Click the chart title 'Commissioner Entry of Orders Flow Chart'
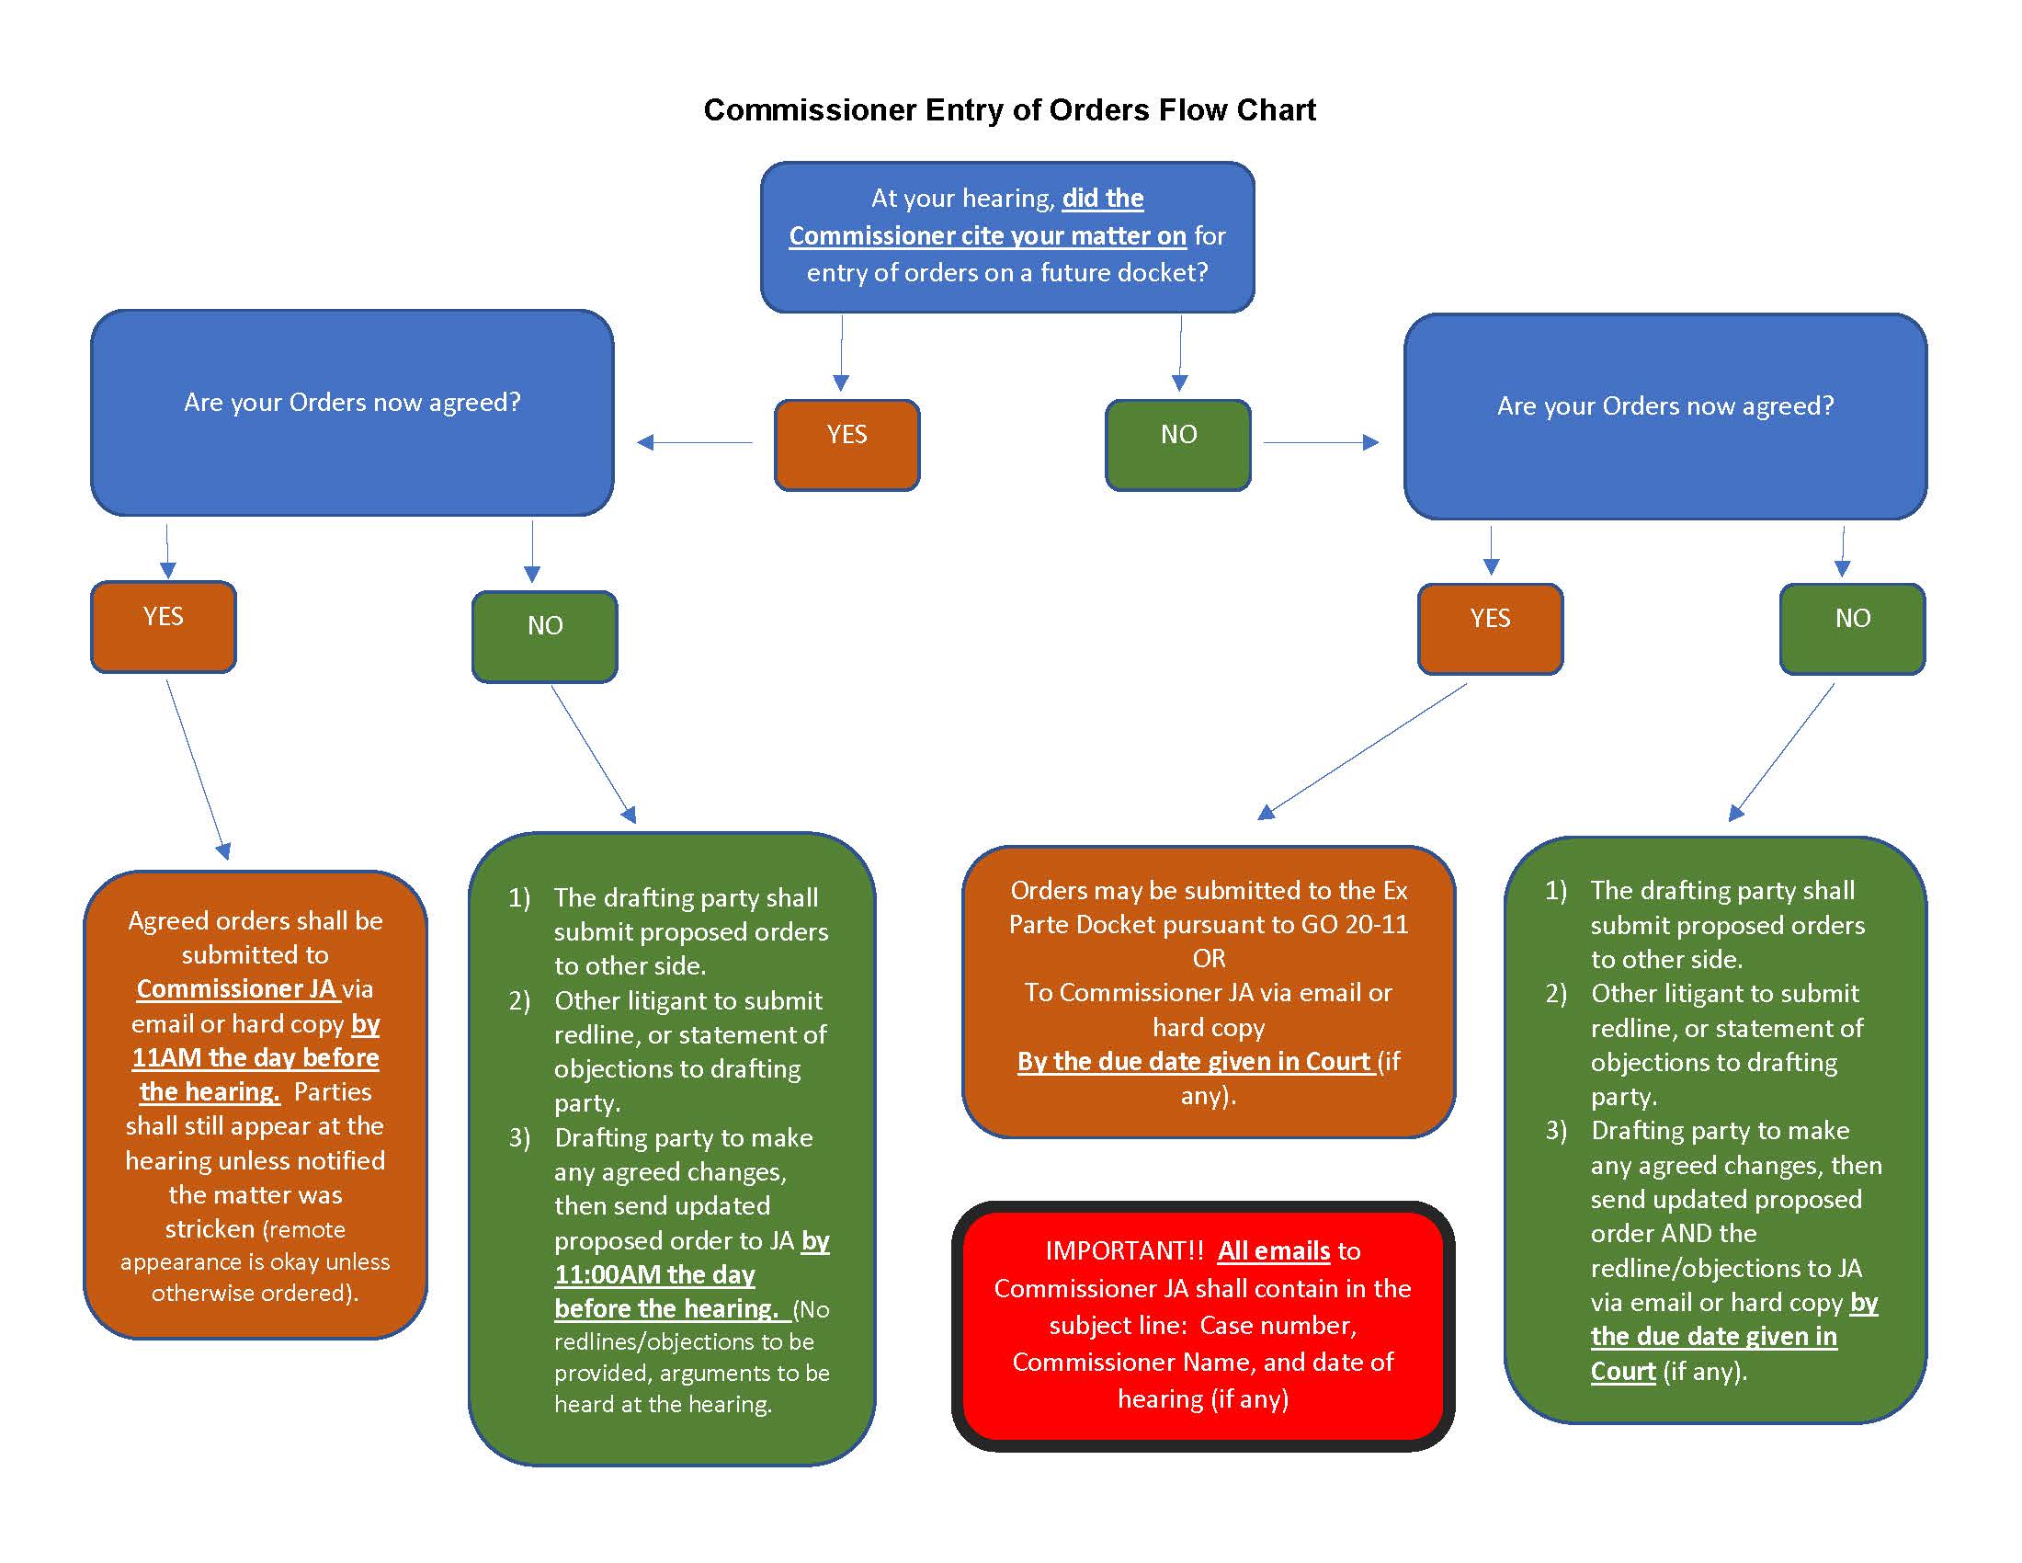click(1009, 109)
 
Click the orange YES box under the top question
click(846, 444)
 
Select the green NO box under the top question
click(1177, 444)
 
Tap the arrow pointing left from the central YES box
click(694, 442)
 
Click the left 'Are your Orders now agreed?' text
click(352, 402)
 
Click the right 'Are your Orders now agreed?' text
click(1664, 405)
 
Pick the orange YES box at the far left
click(163, 626)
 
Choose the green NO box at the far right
click(1852, 628)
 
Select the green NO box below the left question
click(544, 636)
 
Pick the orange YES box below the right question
click(1490, 628)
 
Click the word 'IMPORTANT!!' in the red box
click(1124, 1251)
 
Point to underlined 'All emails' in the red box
click(1273, 1251)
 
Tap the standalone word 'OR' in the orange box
click(1209, 958)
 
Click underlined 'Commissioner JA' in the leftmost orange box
click(236, 989)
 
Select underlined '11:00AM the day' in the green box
click(654, 1275)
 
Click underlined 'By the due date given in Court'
click(1193, 1061)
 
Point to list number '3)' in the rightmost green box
click(1555, 1131)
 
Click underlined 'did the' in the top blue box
click(1102, 199)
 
